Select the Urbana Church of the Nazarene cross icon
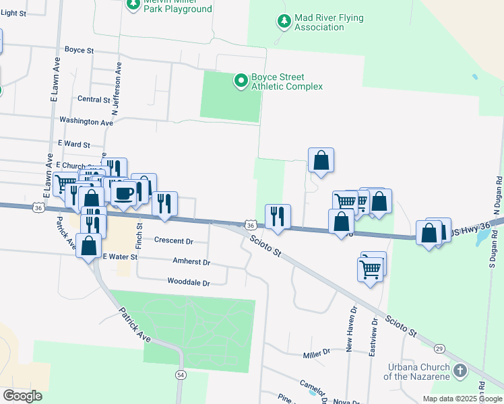click(460, 371)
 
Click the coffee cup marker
click(124, 193)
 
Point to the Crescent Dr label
click(174, 241)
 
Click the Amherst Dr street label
click(191, 262)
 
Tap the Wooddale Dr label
click(189, 283)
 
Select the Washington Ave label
click(86, 122)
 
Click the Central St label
click(94, 100)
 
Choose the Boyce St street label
click(79, 50)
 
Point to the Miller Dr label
click(317, 352)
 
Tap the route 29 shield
click(439, 348)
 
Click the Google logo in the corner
click(23, 395)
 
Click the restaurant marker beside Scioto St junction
click(278, 215)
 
